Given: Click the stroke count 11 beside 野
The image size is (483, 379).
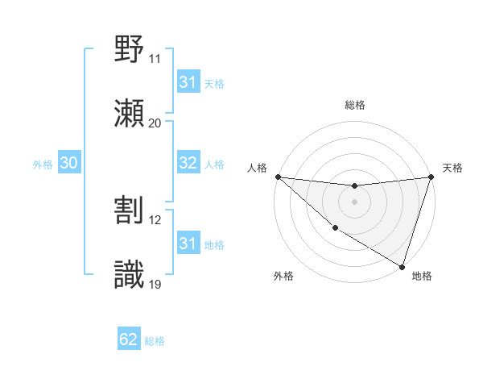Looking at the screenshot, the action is pyautogui.click(x=155, y=59).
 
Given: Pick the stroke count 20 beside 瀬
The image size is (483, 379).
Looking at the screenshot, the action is pyautogui.click(x=155, y=123).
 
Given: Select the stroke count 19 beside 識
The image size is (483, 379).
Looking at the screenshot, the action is pyautogui.click(x=155, y=285).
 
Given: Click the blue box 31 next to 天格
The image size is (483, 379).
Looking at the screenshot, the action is pyautogui.click(x=188, y=82).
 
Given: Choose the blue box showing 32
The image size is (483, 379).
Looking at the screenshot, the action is pyautogui.click(x=188, y=163).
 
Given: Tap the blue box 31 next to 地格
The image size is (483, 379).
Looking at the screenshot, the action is pyautogui.click(x=188, y=244).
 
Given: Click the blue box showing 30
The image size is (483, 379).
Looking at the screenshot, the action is pyautogui.click(x=68, y=163).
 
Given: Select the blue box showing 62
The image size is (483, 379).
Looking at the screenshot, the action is pyautogui.click(x=129, y=339).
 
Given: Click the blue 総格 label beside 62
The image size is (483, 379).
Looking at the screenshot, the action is pyautogui.click(x=155, y=341).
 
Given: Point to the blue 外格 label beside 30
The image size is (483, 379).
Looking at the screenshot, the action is pyautogui.click(x=43, y=164).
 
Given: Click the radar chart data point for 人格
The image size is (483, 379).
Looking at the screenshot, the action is pyautogui.click(x=278, y=177).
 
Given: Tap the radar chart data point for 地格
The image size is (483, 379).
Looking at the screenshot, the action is pyautogui.click(x=402, y=266).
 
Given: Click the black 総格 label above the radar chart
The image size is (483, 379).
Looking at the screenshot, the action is pyautogui.click(x=354, y=105).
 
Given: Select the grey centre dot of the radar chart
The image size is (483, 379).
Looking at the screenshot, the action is pyautogui.click(x=354, y=202).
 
